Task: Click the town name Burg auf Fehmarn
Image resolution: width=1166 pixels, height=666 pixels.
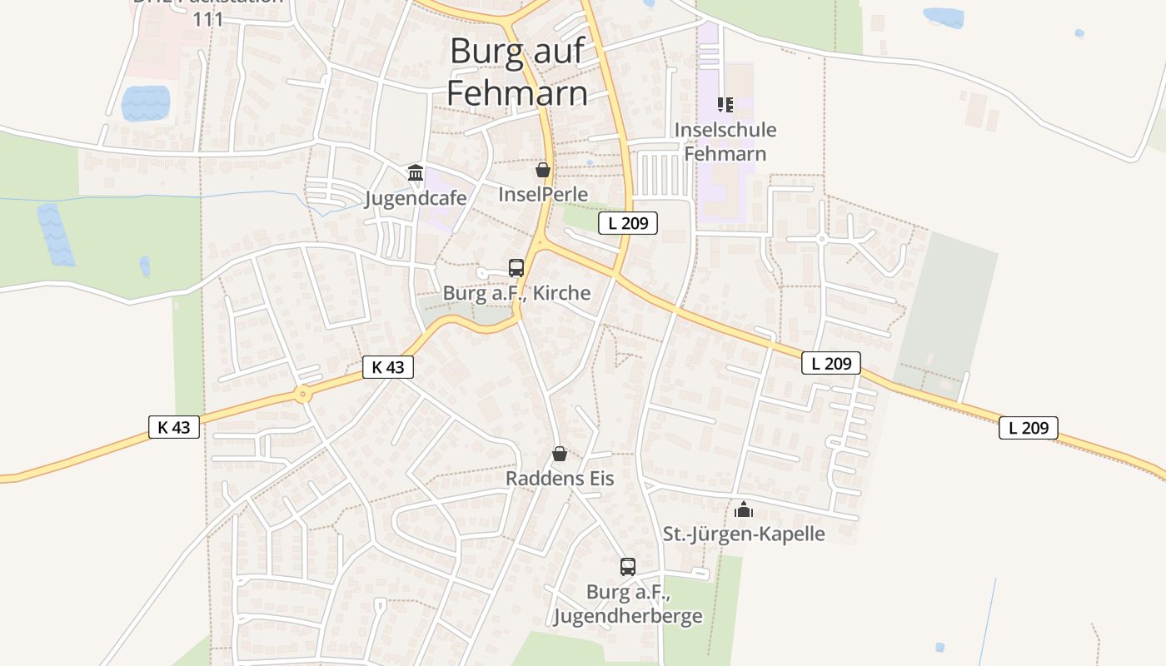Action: [517, 72]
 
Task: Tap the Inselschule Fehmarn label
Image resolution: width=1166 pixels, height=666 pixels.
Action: [725, 142]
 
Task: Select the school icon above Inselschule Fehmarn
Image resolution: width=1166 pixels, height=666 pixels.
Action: [725, 105]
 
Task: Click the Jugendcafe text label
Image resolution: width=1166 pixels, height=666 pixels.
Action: [416, 198]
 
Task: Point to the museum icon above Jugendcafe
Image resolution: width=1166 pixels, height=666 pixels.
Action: [415, 173]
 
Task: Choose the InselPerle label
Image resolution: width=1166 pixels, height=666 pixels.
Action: [543, 195]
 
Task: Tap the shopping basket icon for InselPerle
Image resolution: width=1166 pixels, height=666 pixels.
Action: [543, 171]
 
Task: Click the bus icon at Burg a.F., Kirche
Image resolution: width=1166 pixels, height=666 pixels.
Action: [516, 268]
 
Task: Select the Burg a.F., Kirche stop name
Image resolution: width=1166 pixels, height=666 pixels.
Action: [516, 293]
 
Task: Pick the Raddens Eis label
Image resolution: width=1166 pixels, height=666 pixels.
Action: [560, 479]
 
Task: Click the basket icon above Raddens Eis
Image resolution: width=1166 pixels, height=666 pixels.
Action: [560, 454]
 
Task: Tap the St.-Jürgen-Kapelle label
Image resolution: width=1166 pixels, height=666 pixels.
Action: [744, 534]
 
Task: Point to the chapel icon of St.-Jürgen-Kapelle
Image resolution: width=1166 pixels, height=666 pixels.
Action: [744, 509]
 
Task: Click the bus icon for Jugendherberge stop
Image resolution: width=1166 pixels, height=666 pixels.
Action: [628, 567]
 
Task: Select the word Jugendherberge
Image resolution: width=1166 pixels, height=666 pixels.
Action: [628, 616]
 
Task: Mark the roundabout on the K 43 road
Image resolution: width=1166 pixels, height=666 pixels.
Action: [303, 395]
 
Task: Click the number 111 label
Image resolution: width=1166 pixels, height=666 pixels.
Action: [207, 19]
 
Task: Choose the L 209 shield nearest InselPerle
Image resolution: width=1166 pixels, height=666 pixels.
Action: [628, 222]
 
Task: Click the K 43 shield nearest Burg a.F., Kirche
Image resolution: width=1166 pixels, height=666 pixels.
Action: [388, 367]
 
